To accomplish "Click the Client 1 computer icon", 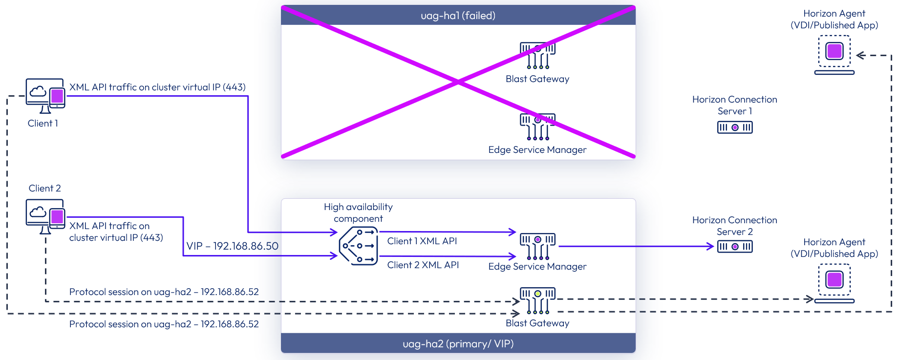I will point(45,95).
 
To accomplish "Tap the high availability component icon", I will point(359,246).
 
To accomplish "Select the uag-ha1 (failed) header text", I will point(458,16).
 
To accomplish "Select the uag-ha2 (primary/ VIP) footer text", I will point(458,344).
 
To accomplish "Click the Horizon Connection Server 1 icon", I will point(734,127).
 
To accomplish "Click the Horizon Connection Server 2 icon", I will point(734,247).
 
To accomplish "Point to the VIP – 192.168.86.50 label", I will point(232,246).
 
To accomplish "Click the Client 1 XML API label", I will point(422,241).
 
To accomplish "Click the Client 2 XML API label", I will point(423,265).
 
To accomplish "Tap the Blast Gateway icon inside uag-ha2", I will point(537,300).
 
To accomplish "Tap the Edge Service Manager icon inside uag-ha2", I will point(537,246).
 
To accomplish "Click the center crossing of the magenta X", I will point(458,82).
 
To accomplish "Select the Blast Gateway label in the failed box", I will point(537,79).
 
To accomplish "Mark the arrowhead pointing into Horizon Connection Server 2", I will point(711,247).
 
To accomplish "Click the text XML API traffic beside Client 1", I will point(157,87).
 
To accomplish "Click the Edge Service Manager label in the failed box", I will point(537,150).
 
